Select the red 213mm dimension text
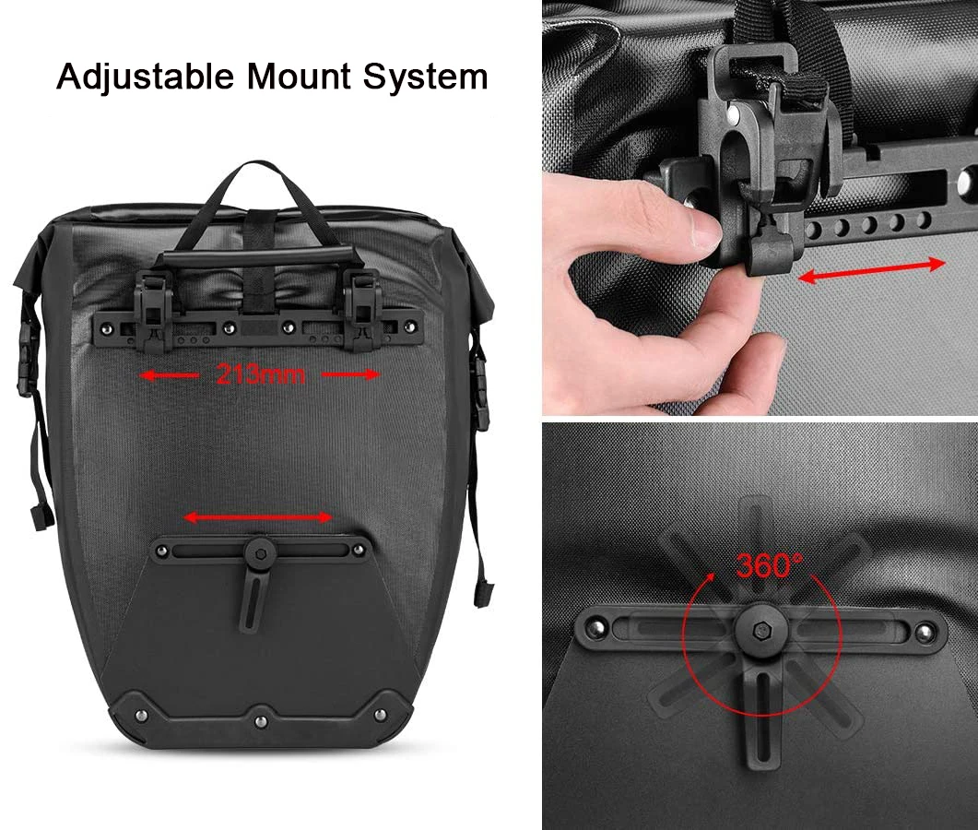[260, 374]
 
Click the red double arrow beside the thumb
[871, 270]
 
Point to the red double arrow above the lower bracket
[258, 517]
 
